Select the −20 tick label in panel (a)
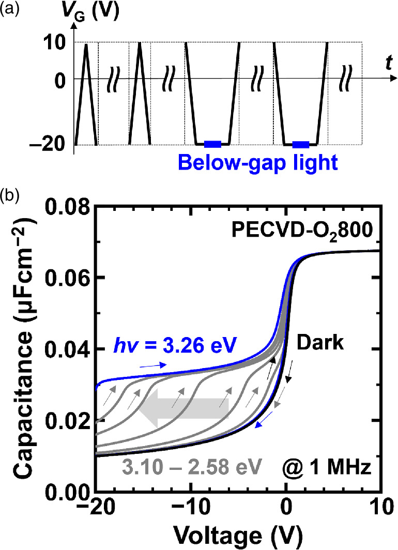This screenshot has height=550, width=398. (52, 145)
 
